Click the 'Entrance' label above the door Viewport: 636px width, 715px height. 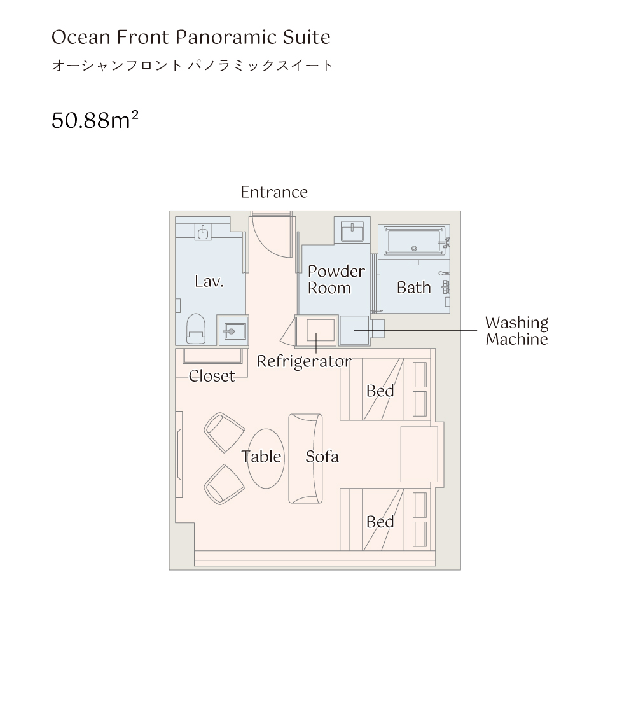point(274,192)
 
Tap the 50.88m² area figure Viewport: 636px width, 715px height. point(95,120)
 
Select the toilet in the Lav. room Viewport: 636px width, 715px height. point(196,328)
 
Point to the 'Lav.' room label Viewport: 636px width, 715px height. point(209,281)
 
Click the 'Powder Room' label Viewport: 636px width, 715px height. point(336,279)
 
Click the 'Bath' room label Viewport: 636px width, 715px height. point(413,288)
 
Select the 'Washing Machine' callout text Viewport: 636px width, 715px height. point(516,331)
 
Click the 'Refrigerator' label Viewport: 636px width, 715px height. point(304,361)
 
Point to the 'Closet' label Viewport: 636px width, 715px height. point(212,376)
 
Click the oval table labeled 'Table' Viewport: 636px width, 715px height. point(266,458)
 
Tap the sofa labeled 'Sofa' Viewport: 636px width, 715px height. point(305,458)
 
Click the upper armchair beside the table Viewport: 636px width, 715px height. point(224,433)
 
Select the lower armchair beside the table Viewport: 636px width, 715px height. point(224,484)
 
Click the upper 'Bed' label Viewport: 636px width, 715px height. point(380,391)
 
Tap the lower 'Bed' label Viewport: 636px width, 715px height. point(380,522)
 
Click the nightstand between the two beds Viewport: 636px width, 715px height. point(419,454)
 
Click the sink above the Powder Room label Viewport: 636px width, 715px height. point(352,231)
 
